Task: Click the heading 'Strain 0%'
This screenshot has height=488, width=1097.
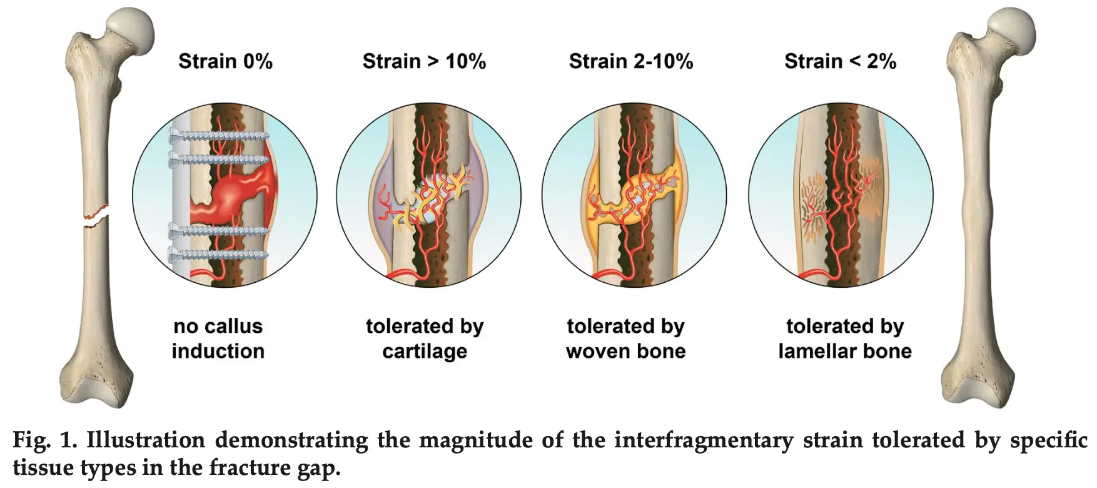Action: pos(225,61)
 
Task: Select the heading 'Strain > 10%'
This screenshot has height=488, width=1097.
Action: pos(424,61)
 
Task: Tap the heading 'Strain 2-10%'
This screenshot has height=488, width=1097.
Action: pos(631,61)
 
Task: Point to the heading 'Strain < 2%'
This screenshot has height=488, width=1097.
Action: pos(840,61)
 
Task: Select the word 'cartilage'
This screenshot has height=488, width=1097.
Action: pos(425,352)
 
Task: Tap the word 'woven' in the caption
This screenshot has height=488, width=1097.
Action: pos(594,351)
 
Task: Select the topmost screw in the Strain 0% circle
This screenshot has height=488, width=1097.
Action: pos(219,134)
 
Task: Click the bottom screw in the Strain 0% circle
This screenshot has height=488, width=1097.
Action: pos(219,255)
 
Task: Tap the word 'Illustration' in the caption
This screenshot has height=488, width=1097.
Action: pos(145,440)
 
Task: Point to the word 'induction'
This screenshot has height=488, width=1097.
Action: pos(218,351)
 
